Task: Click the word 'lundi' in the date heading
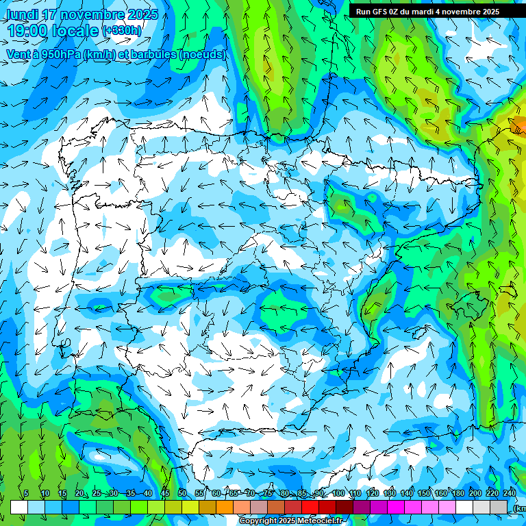click(x=21, y=14)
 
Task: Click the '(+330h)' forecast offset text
click(x=121, y=30)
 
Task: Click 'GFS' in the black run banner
click(x=383, y=12)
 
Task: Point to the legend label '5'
click(x=26, y=493)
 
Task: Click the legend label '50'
click(x=181, y=493)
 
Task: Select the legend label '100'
click(x=338, y=493)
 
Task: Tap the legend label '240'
click(x=509, y=493)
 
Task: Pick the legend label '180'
click(x=458, y=493)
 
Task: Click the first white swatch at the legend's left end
click(x=19, y=507)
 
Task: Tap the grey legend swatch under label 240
click(x=499, y=507)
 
